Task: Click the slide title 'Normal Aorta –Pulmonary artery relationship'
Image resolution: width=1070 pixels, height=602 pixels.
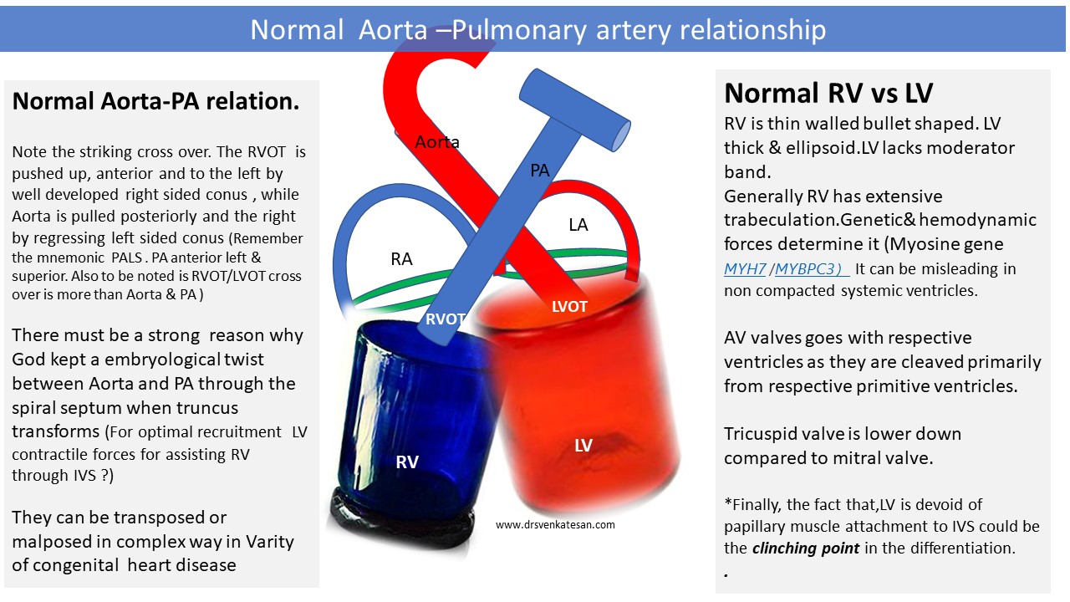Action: [x=538, y=29]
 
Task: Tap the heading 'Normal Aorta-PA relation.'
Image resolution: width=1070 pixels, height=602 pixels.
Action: [x=155, y=101]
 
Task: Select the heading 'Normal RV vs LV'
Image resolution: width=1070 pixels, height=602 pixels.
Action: [x=828, y=93]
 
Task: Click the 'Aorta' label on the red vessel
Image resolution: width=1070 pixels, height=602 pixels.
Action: [x=437, y=142]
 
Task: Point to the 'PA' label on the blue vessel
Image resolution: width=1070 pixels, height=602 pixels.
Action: [x=540, y=171]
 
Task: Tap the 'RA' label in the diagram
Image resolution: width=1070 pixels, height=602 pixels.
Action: [x=401, y=259]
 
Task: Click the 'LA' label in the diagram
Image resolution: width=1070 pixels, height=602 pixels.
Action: [x=578, y=225]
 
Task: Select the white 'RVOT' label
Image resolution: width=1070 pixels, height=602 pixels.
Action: [x=446, y=319]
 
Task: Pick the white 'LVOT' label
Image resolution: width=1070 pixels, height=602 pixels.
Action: [x=569, y=306]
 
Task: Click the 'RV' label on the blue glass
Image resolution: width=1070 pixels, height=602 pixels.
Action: [x=407, y=462]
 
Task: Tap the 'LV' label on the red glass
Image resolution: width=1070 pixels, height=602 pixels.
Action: [x=583, y=446]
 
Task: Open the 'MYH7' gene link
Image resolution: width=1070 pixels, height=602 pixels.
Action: [x=745, y=269]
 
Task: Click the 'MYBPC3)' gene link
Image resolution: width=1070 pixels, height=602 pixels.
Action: [x=808, y=269]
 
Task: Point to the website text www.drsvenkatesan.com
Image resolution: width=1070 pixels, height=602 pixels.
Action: [x=555, y=524]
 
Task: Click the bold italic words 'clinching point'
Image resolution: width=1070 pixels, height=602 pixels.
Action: [x=806, y=548]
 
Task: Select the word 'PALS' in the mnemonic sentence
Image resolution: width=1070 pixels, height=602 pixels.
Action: [x=127, y=258]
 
